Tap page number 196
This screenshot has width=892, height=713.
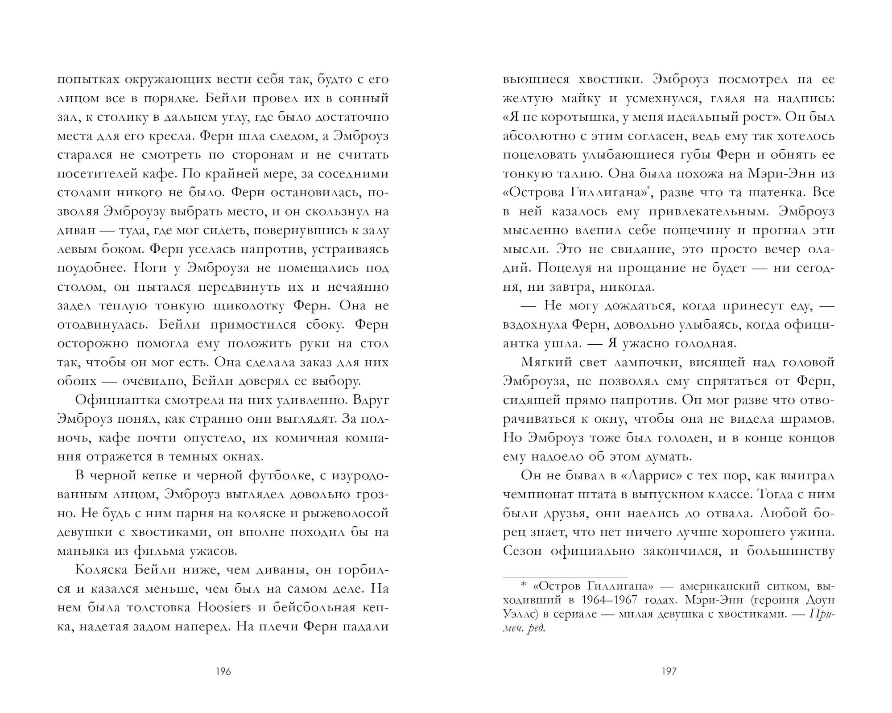tap(223, 671)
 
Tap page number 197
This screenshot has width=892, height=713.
tap(669, 671)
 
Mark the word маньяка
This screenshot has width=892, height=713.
tap(80, 551)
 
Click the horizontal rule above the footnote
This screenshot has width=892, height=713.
tap(565, 577)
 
